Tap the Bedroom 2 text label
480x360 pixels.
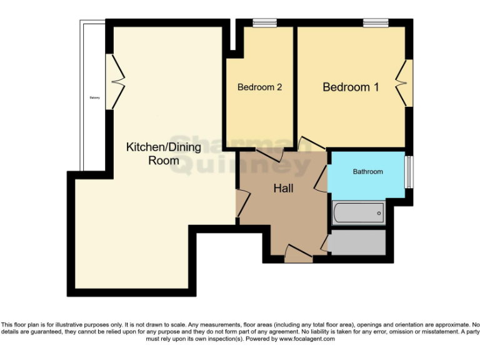pyautogui.click(x=259, y=87)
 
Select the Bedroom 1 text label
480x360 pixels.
pyautogui.click(x=351, y=87)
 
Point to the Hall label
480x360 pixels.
pyautogui.click(x=283, y=188)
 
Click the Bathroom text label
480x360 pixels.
pyautogui.click(x=367, y=171)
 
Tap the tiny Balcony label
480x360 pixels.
pyautogui.click(x=95, y=97)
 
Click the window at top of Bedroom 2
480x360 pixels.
pyautogui.click(x=264, y=24)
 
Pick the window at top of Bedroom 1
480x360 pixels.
pyautogui.click(x=376, y=24)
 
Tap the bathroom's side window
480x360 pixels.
pyautogui.click(x=408, y=172)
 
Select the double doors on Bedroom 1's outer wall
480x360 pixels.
pyautogui.click(x=403, y=82)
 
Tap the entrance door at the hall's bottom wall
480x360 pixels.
pyautogui.click(x=298, y=253)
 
